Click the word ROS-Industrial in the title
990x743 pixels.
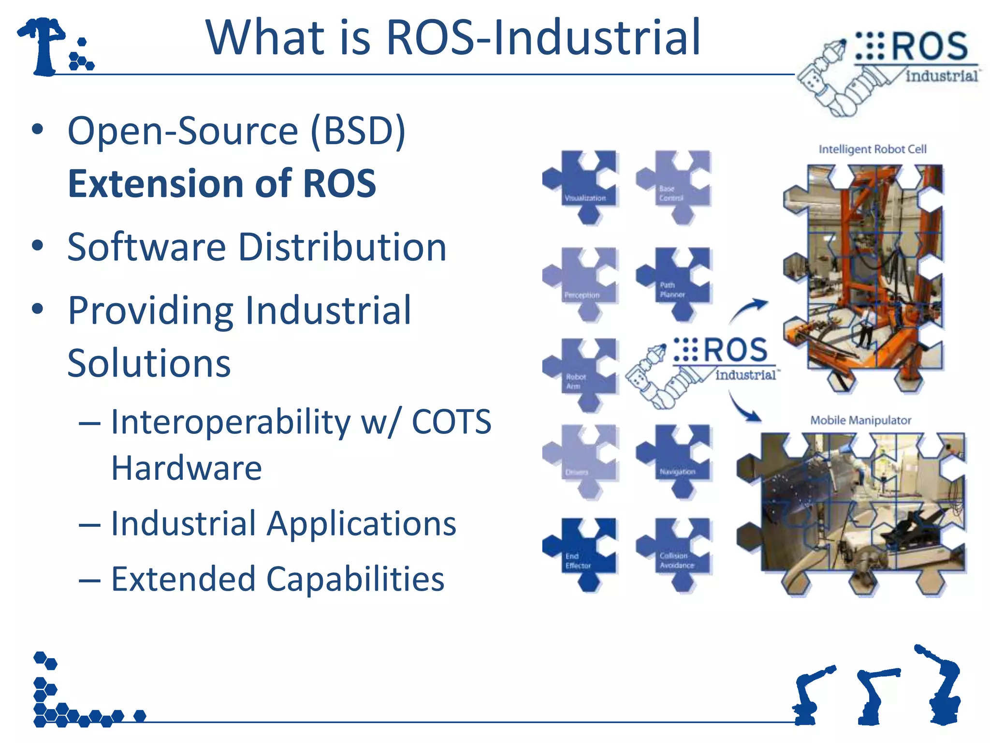[543, 38]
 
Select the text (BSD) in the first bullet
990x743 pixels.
[358, 131]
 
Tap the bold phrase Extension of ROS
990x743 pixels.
[221, 184]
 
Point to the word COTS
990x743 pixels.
[451, 422]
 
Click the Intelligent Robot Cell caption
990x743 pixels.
[872, 149]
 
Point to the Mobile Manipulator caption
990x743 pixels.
[860, 420]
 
